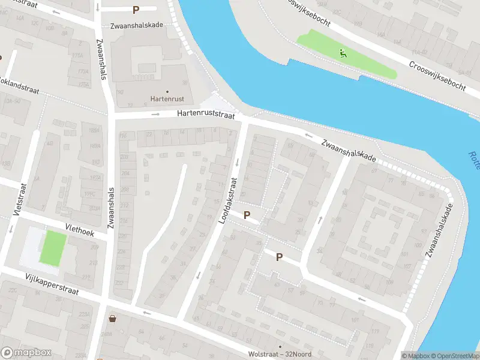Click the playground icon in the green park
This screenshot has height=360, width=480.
point(343,53)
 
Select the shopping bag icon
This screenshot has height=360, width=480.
point(112,318)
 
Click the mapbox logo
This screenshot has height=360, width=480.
point(26,352)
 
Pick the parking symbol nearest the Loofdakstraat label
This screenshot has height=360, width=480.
point(247,215)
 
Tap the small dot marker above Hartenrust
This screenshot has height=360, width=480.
point(167,92)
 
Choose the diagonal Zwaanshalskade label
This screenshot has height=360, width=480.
point(349,150)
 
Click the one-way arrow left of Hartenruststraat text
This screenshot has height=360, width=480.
point(155,114)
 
